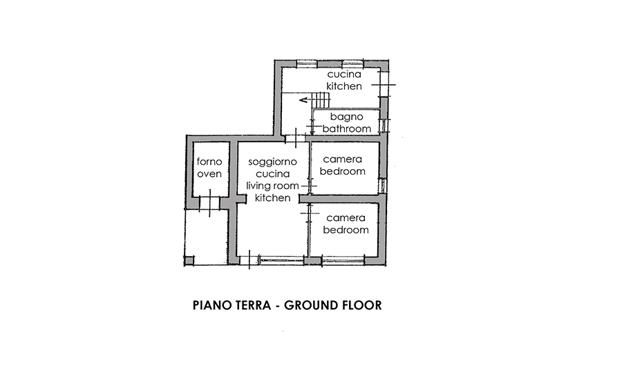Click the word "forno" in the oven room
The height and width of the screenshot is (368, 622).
point(209,162)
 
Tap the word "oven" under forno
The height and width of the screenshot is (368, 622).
point(209,174)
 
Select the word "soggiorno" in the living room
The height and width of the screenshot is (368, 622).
point(272,162)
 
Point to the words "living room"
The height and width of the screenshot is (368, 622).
point(272,186)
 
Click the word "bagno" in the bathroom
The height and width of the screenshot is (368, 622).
point(346,117)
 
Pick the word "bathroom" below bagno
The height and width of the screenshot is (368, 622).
point(346,128)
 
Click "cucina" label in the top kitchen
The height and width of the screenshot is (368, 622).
point(344,74)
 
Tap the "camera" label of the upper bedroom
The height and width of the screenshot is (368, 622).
point(342,159)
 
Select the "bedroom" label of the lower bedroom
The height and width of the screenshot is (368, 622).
point(346,230)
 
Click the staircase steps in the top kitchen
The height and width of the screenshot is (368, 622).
point(321,100)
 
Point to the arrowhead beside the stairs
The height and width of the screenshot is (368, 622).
point(303,100)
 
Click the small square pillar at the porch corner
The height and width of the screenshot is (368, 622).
point(189,260)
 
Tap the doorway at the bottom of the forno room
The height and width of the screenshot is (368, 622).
point(209,202)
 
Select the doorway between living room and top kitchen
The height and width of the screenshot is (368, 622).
point(296,138)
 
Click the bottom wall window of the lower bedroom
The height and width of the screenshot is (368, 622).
point(343,260)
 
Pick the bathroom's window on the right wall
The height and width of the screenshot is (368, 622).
point(383,126)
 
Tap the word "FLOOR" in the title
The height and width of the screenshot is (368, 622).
point(364,305)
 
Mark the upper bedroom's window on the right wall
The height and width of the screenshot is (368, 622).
point(382,186)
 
